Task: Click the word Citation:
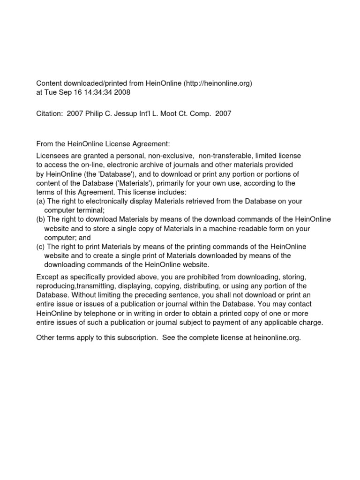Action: tap(50, 114)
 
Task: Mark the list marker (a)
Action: tap(41, 201)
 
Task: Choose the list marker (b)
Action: tap(41, 219)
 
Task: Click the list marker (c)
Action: tap(41, 247)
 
